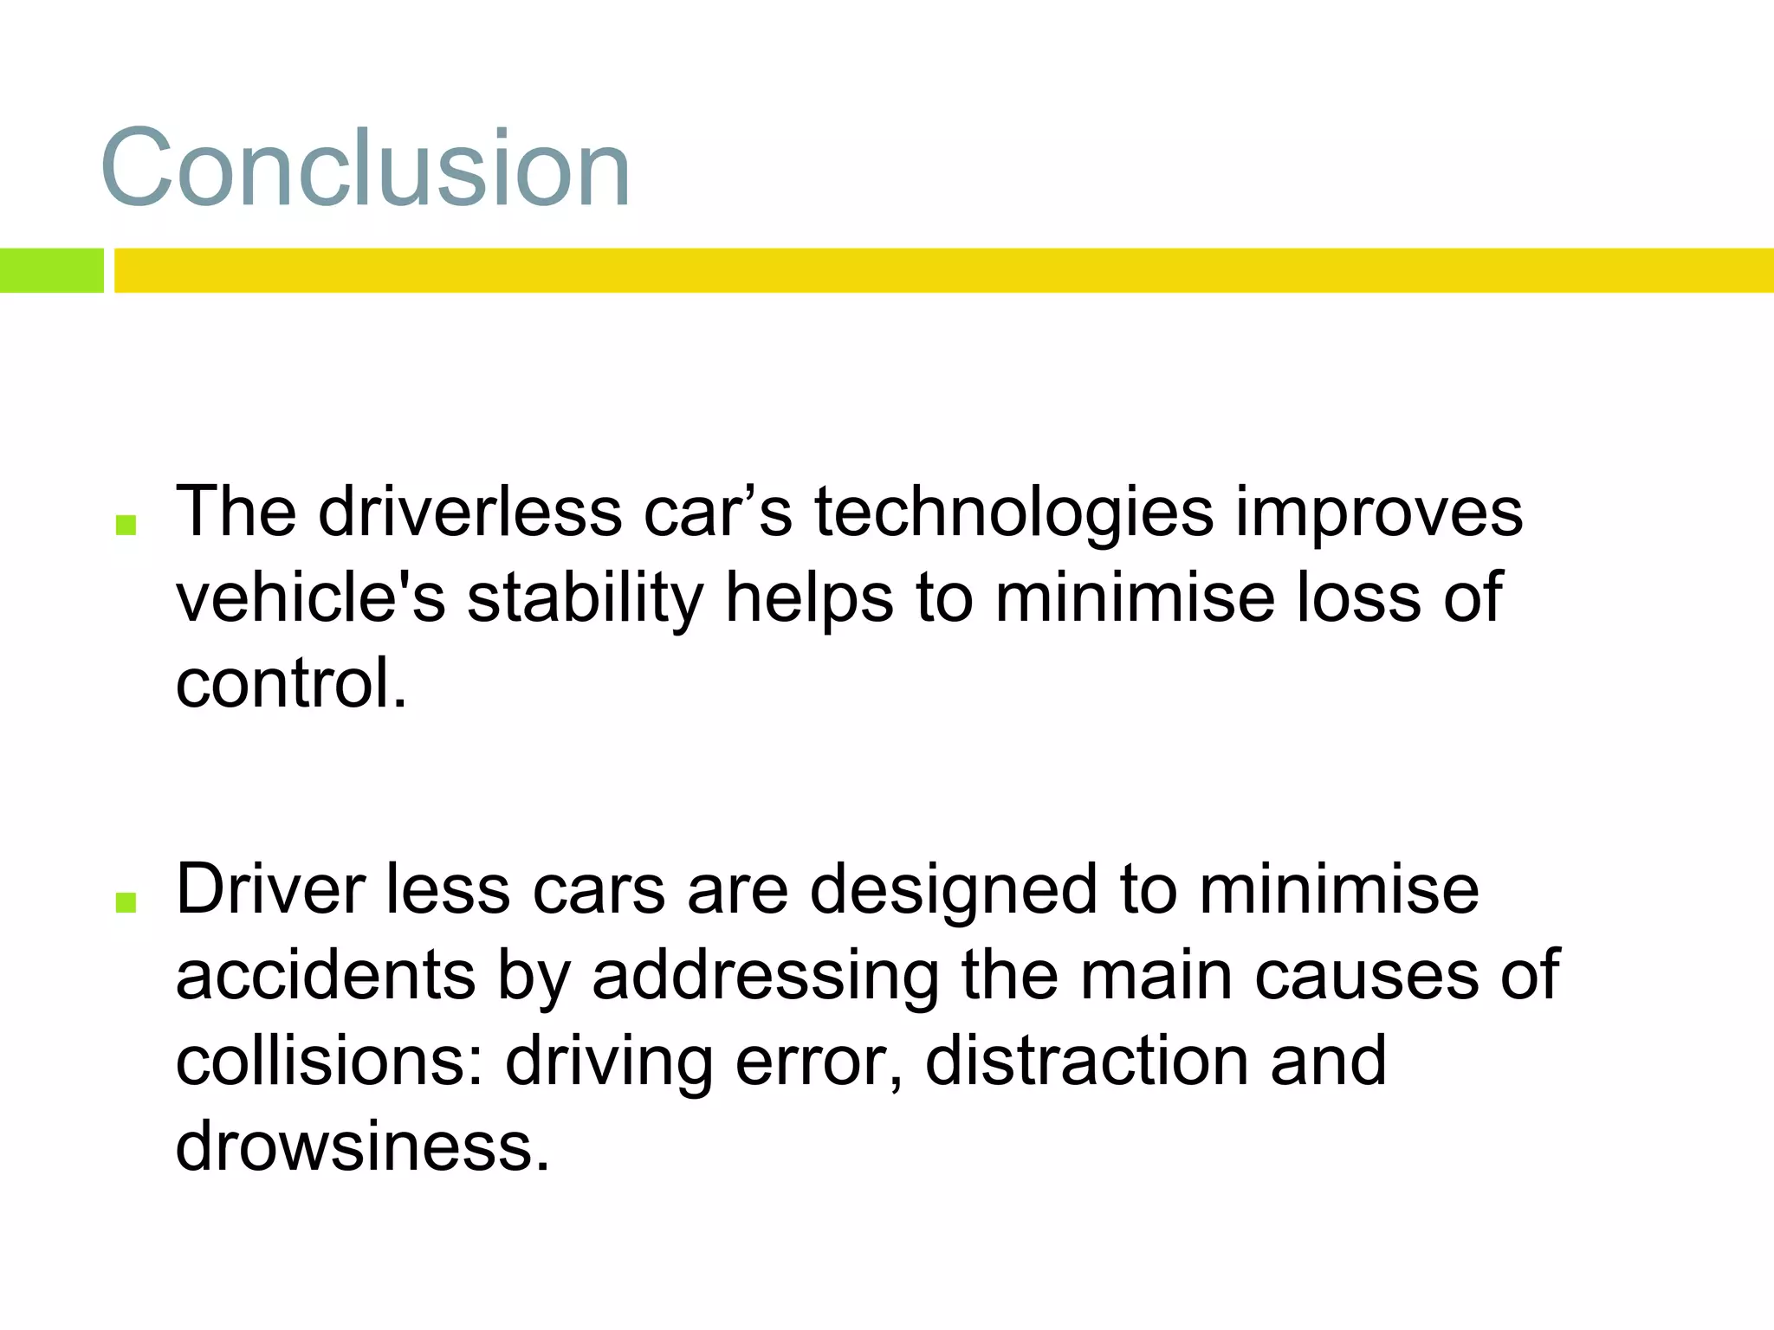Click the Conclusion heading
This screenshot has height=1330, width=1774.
point(366,168)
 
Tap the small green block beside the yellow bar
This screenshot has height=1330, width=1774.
point(51,270)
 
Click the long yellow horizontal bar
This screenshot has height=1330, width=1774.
point(943,270)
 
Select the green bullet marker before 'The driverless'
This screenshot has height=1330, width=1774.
point(126,525)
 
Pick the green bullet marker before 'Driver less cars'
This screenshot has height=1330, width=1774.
point(126,902)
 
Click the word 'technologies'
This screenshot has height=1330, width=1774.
point(1013,513)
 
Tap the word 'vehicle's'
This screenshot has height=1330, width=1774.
point(310,597)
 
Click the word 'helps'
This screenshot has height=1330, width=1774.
point(809,599)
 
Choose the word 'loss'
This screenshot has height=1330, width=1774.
point(1358,597)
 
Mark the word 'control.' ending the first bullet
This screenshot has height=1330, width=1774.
point(291,682)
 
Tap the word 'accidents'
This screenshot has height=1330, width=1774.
point(326,976)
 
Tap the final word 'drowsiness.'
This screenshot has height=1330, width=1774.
point(362,1146)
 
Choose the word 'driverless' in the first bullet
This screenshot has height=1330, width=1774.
point(469,513)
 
